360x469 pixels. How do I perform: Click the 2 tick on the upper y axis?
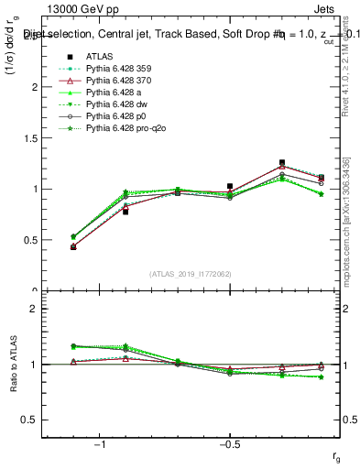coord(38,87)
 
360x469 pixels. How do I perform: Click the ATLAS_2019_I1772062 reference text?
coord(191,274)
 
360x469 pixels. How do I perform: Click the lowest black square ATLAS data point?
coord(73,246)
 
